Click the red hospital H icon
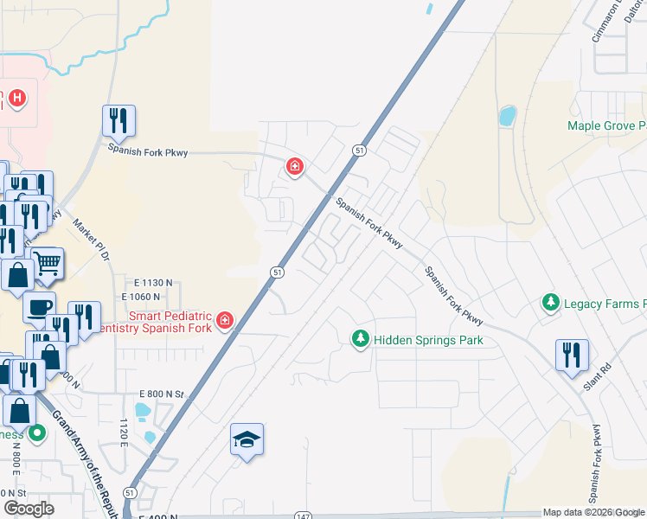pyautogui.click(x=16, y=99)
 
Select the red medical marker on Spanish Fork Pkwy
pyautogui.click(x=295, y=166)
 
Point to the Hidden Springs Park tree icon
pyautogui.click(x=361, y=340)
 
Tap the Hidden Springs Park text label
pyautogui.click(x=428, y=340)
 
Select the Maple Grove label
pyautogui.click(x=606, y=125)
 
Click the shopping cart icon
pyautogui.click(x=48, y=263)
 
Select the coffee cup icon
pyautogui.click(x=39, y=306)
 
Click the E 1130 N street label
pyautogui.click(x=153, y=283)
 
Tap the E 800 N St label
pyautogui.click(x=161, y=394)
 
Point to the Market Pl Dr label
pyautogui.click(x=91, y=243)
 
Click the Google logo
pyautogui.click(x=29, y=509)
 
